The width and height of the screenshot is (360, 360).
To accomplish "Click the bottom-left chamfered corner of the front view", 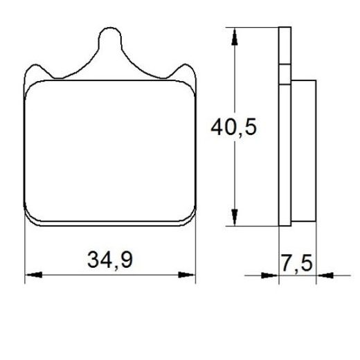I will [x=31, y=219].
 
